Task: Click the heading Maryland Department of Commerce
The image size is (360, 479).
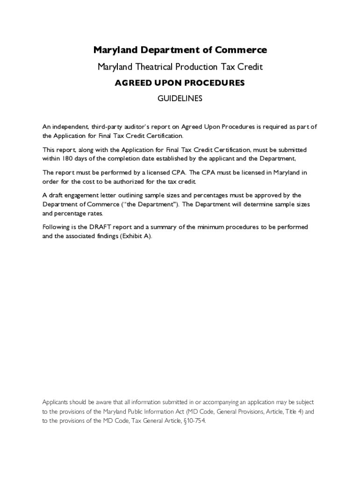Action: pyautogui.click(x=180, y=50)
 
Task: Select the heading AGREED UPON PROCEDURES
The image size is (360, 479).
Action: pyautogui.click(x=180, y=83)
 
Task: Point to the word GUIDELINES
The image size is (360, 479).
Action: pyautogui.click(x=180, y=99)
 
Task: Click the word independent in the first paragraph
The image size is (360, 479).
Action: pyautogui.click(x=69, y=127)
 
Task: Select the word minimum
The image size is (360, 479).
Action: pyautogui.click(x=210, y=227)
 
